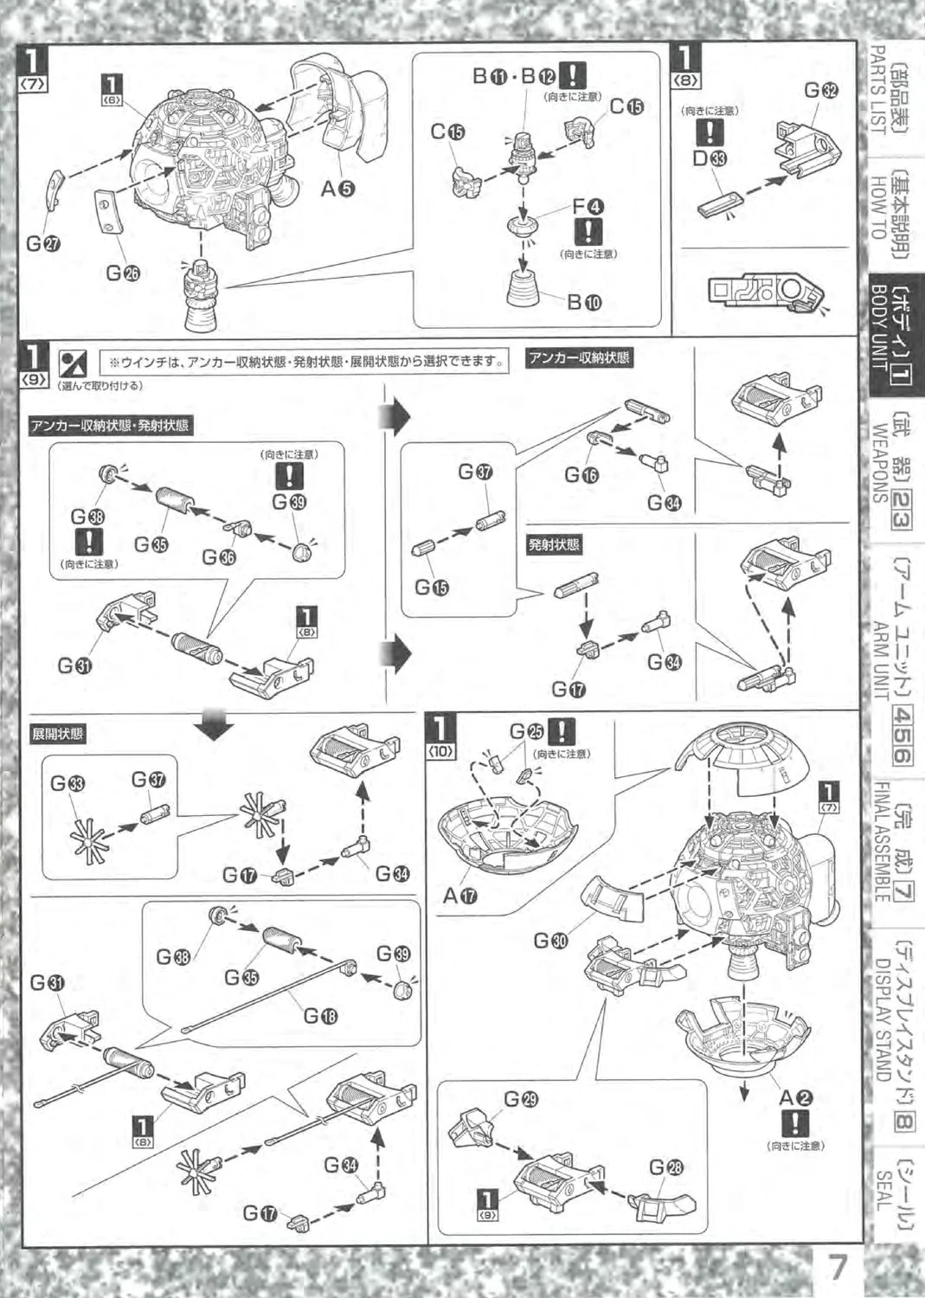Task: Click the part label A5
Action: (337, 189)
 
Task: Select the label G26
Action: (122, 273)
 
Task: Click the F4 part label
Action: (588, 206)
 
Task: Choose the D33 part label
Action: (710, 157)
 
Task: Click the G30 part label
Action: (551, 940)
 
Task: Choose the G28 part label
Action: (666, 1168)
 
